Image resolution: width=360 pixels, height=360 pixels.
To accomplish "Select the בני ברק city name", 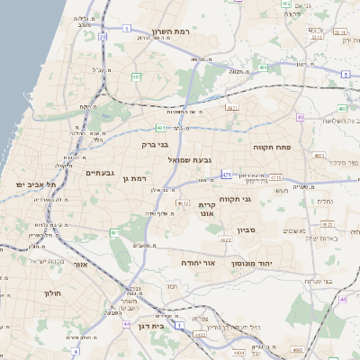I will (156, 143).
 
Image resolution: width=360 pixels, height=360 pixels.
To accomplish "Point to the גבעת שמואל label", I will (190, 159).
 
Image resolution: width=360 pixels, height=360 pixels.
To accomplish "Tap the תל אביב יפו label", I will (35, 184).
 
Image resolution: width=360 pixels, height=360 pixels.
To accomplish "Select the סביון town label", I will (247, 230).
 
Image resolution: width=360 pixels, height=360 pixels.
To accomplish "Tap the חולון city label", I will (50, 293).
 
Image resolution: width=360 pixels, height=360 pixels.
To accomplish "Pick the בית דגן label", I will (151, 329).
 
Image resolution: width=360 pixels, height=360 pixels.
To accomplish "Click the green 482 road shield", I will (137, 78).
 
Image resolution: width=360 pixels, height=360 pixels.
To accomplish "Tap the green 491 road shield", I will (262, 67).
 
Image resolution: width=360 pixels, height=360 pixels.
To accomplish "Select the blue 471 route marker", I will (226, 174).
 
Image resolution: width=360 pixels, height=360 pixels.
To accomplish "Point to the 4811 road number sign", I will (231, 108).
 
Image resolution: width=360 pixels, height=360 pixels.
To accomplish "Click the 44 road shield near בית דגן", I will (127, 324).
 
